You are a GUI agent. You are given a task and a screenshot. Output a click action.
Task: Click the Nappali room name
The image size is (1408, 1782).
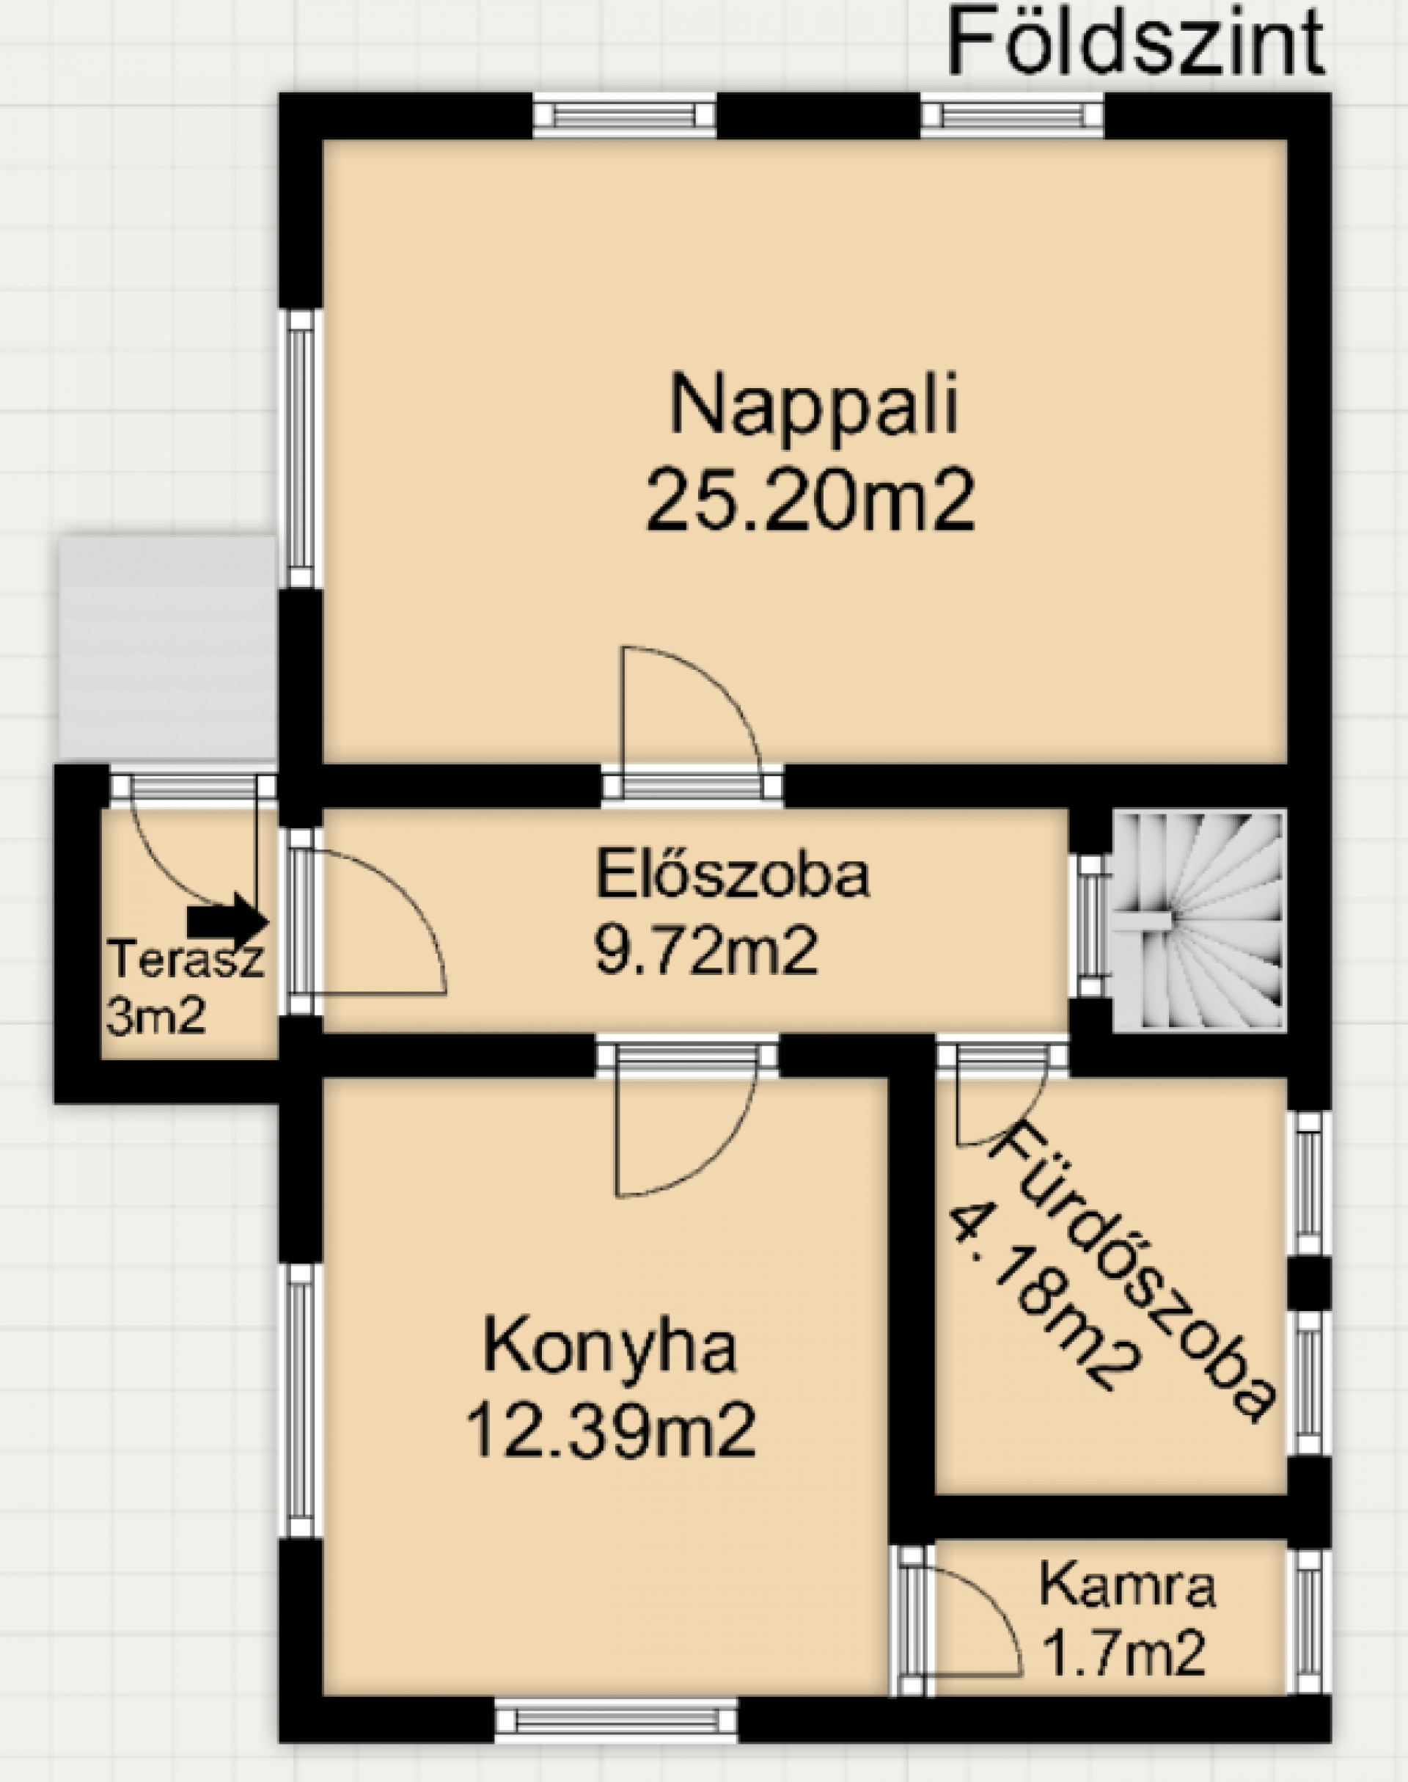(815, 406)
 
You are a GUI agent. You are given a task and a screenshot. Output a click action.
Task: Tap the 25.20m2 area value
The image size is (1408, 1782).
(811, 500)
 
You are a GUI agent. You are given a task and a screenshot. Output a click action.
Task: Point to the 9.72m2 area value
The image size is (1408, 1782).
(706, 952)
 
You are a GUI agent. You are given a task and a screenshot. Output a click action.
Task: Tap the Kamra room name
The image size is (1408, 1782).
(1128, 1585)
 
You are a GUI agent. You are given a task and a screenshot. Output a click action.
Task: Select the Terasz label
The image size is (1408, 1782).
(186, 959)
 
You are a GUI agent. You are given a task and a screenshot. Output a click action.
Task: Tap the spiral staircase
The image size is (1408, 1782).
(1198, 920)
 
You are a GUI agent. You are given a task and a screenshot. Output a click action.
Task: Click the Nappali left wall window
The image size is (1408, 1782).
(301, 448)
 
